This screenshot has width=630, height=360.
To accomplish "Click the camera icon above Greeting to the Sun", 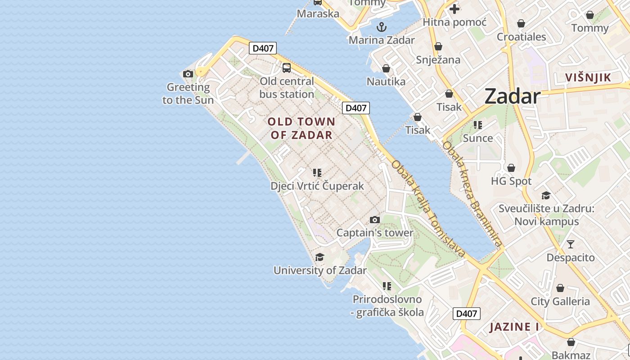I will (188, 74).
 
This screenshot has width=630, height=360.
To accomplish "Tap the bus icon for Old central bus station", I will (286, 68).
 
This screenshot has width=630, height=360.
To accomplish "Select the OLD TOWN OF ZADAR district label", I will (301, 128).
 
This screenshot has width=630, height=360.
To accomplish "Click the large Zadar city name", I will (512, 97).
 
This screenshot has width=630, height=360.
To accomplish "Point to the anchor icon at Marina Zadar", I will (382, 27).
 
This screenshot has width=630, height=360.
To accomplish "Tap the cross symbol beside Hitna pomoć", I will (454, 9).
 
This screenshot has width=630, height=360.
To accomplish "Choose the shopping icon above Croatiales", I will (521, 23).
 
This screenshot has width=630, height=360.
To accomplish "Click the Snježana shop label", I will (438, 60).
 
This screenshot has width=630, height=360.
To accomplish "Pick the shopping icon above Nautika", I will (386, 68).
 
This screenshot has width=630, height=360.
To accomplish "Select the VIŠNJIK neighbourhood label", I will (588, 77).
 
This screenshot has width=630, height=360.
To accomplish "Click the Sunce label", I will (478, 138).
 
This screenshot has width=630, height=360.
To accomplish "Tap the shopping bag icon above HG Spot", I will (511, 168).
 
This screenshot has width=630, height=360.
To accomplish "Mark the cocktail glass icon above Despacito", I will (571, 244).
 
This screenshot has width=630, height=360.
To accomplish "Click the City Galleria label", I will (560, 301).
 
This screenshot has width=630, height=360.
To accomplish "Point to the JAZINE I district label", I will (514, 327).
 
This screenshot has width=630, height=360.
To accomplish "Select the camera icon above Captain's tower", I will (374, 220).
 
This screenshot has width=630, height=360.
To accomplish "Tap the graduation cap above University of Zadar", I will (319, 257).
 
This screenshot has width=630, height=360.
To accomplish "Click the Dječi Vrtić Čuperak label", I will (317, 186).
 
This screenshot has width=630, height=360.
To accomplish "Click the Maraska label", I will (318, 13).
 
